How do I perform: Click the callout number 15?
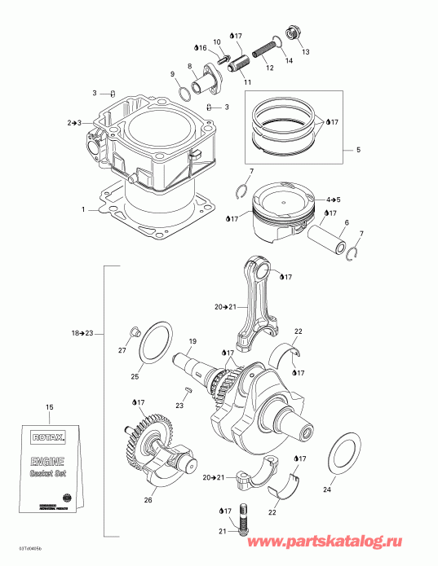[50, 406]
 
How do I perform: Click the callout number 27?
[122, 350]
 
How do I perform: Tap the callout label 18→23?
[82, 334]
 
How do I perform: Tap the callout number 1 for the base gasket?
[82, 209]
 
